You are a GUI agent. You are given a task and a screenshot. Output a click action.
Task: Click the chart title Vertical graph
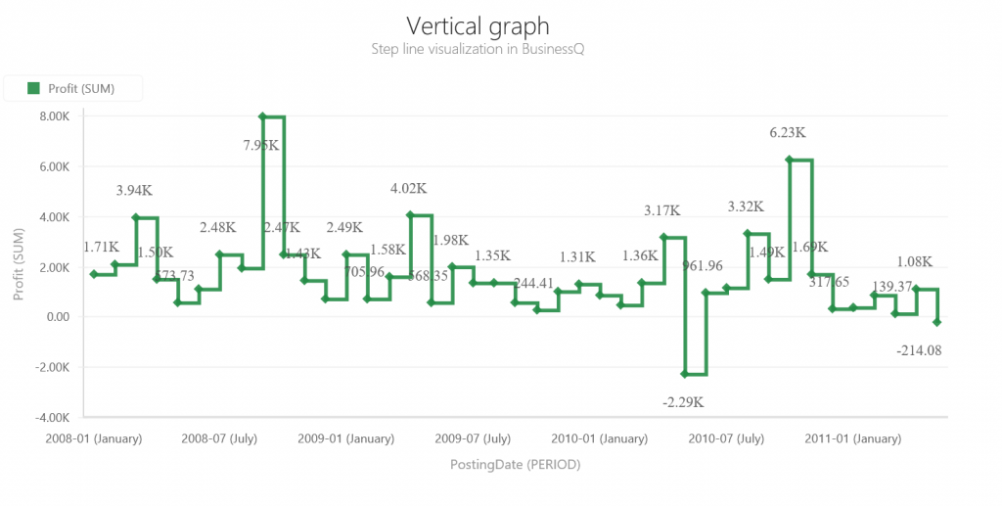tap(478, 25)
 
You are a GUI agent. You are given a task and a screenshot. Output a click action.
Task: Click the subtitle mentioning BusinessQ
tap(478, 49)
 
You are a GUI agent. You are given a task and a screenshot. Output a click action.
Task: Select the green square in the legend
tap(32, 89)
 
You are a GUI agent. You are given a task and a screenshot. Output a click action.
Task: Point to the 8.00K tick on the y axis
tap(53, 116)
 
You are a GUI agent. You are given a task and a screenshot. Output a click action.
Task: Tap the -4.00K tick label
tap(51, 418)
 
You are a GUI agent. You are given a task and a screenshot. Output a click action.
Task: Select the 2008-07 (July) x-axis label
tap(219, 438)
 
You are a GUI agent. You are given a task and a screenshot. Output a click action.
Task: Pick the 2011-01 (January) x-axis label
tap(853, 438)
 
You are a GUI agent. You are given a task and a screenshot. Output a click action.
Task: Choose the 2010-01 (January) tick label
tap(599, 438)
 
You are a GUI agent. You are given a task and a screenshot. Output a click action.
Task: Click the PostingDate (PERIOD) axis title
tap(516, 464)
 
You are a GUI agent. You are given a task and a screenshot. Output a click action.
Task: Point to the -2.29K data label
tap(683, 401)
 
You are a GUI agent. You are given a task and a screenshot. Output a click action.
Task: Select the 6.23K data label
tap(788, 132)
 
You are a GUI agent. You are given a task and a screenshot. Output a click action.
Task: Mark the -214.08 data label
tap(919, 349)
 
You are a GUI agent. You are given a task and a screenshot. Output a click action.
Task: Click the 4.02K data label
tap(408, 188)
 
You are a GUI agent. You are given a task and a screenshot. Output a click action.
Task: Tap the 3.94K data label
tap(134, 190)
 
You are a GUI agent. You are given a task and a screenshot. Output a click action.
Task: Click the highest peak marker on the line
tap(262, 116)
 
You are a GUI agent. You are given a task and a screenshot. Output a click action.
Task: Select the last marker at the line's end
tap(937, 322)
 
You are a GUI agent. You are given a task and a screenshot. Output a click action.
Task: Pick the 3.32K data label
tap(746, 207)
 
